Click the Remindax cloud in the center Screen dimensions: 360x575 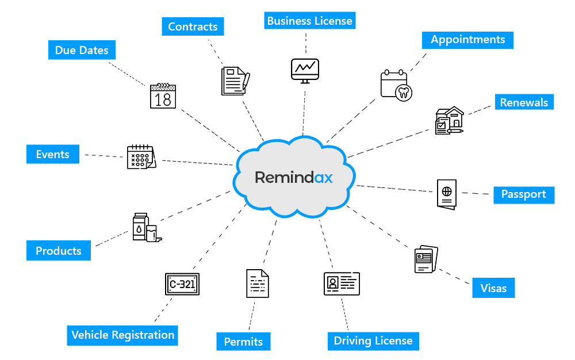tap(293, 177)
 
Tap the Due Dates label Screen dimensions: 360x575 tap(82, 50)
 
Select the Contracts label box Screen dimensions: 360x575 tap(193, 26)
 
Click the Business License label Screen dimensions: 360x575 tap(309, 21)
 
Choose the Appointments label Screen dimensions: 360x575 tap(467, 40)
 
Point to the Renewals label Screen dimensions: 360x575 tap(524, 102)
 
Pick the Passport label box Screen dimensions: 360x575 tap(523, 194)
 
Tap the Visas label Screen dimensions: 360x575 tap(493, 288)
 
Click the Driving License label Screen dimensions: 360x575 tap(373, 340)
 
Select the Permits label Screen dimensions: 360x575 tap(243, 342)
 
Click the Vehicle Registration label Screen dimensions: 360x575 tap(122, 335)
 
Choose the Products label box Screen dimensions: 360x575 tap(59, 251)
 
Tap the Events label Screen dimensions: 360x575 tap(52, 154)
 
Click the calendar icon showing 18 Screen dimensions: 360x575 tap(163, 96)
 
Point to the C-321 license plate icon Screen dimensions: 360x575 tap(182, 284)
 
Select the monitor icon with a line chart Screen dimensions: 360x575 tap(305, 70)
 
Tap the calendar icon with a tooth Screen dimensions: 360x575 tap(396, 85)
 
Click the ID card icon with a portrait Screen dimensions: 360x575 tap(342, 283)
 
